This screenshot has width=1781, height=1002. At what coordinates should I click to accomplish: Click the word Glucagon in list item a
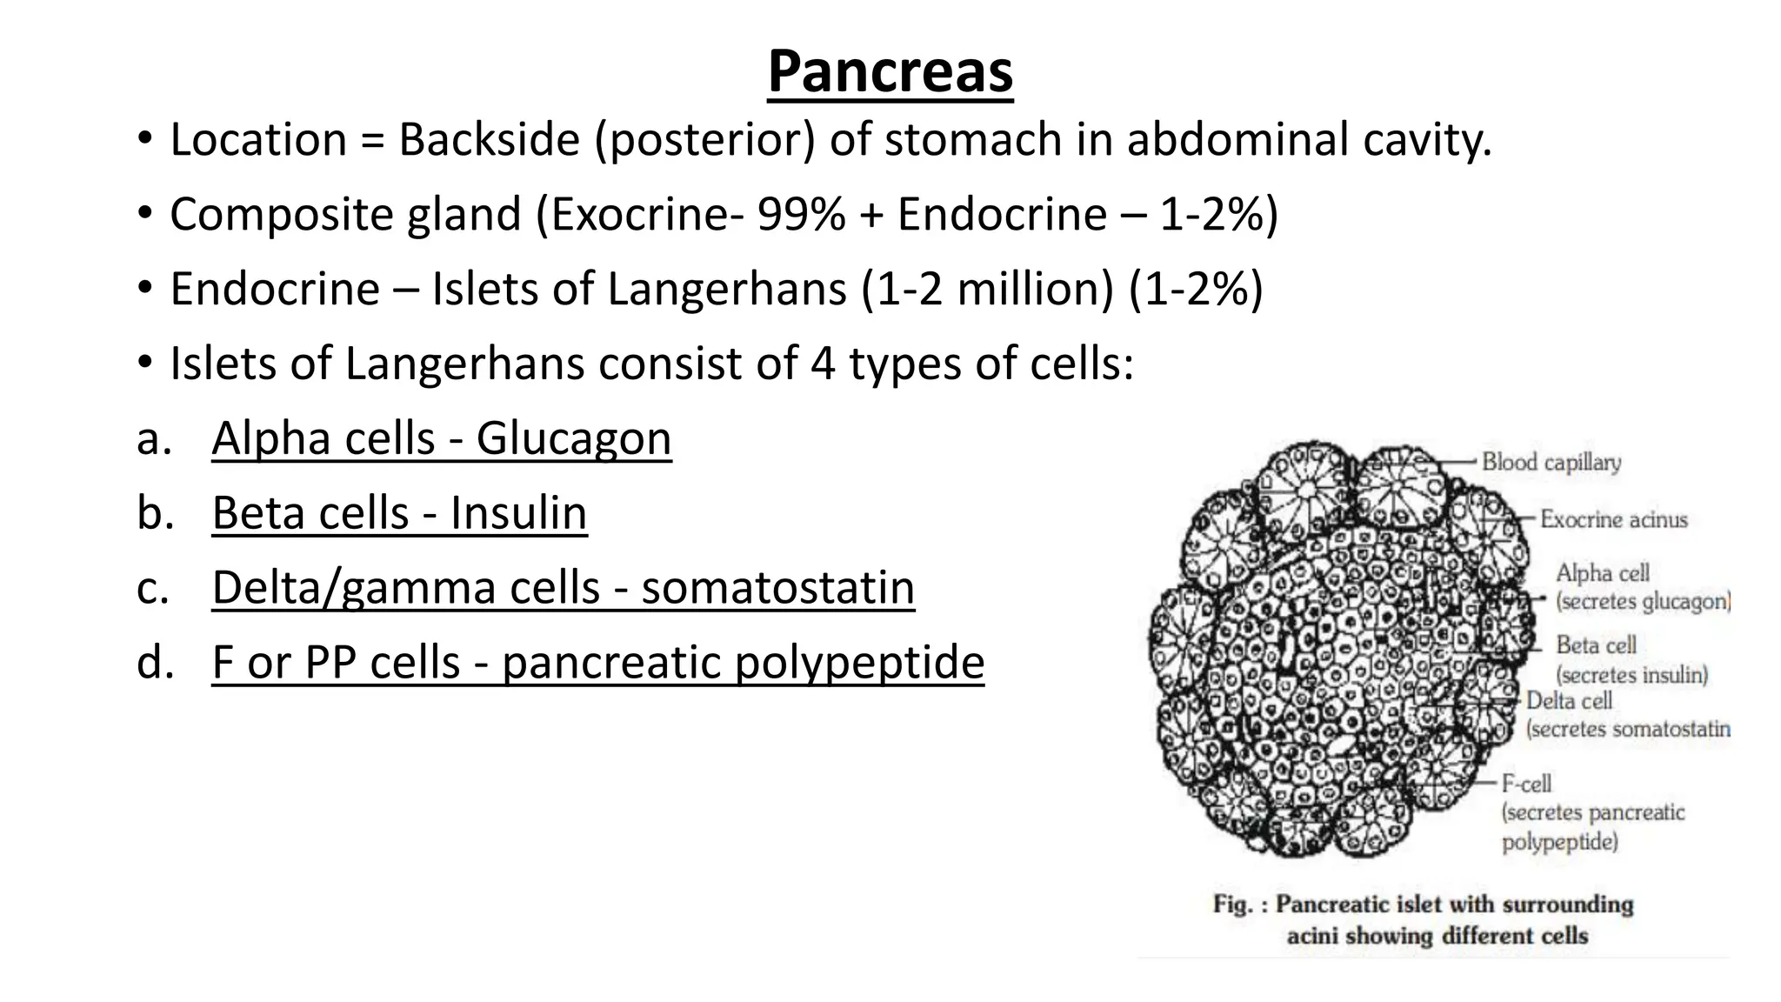tap(573, 438)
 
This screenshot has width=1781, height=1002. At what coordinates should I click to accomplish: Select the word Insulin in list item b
tap(518, 513)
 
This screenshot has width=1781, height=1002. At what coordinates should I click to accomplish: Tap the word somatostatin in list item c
tap(777, 588)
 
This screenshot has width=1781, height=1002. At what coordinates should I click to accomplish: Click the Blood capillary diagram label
tap(1551, 462)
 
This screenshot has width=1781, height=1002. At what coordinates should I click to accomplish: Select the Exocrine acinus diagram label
tap(1613, 519)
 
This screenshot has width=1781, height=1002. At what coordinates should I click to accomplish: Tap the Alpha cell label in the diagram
tap(1602, 573)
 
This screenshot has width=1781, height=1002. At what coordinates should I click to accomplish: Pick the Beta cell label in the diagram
tap(1596, 645)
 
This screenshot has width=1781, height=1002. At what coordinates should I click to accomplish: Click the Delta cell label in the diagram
tap(1569, 700)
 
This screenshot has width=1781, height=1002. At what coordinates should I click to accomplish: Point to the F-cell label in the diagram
tap(1526, 784)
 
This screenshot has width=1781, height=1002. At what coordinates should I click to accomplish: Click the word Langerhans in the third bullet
tap(726, 289)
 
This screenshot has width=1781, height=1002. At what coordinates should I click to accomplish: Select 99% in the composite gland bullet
tap(800, 214)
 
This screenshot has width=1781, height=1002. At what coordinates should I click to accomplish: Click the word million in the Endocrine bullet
tap(1034, 289)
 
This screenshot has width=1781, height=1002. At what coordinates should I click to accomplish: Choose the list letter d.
tap(152, 663)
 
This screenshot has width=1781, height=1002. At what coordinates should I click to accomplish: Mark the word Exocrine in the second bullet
tap(645, 214)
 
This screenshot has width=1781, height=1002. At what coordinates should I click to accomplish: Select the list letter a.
tap(151, 438)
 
